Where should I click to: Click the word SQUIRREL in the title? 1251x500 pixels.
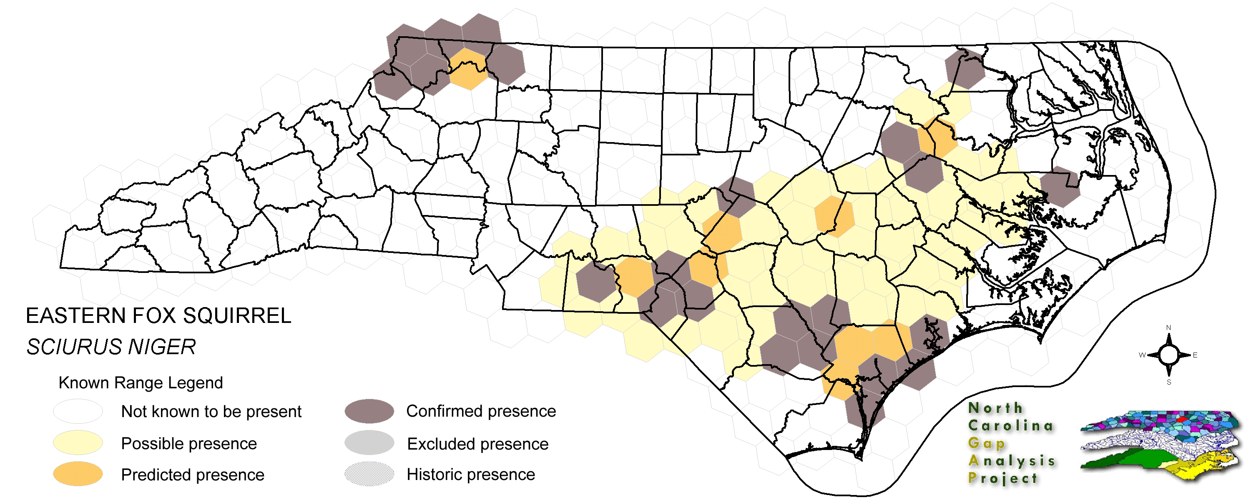236,316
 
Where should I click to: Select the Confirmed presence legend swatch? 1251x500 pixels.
369,411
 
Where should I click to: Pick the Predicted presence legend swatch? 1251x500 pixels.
78,474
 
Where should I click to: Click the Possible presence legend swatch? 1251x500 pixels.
78,443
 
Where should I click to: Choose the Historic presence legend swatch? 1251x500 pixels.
369,474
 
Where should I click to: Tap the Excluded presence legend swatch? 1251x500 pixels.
369,443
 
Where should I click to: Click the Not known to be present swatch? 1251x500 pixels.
78,411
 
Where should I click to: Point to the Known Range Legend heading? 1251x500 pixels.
141,382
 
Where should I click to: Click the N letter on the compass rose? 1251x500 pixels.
1168,327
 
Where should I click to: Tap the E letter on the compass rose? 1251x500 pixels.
1195,355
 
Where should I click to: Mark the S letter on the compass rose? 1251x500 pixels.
1168,382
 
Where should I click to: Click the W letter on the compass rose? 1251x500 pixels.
1142,355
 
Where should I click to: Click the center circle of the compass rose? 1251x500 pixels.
1168,355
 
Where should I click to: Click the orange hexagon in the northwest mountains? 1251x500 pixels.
467,69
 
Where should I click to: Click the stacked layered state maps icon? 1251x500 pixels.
1161,444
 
